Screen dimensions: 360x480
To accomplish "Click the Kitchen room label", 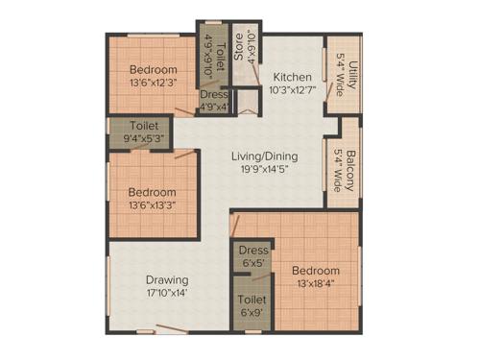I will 290,78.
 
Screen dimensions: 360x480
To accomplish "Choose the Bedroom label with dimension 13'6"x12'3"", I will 154,70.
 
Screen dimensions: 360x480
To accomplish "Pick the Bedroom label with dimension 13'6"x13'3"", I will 153,191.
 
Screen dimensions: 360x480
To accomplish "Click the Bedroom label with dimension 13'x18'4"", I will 316,270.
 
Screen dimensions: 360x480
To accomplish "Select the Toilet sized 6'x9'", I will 252,300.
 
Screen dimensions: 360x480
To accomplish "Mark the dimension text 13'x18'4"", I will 316,284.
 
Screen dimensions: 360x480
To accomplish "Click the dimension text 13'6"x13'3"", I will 153,205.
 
